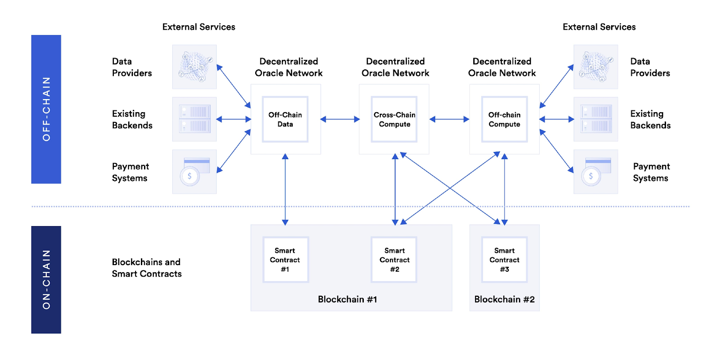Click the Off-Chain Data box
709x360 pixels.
click(x=285, y=119)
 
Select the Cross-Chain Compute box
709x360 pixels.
click(x=394, y=119)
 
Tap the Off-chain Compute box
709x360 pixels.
click(x=504, y=119)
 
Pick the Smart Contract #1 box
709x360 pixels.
click(x=285, y=259)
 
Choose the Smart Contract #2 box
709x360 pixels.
click(x=394, y=259)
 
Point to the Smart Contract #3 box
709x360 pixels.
click(x=504, y=259)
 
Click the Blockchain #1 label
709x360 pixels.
click(x=347, y=299)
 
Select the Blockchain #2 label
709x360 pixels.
click(x=504, y=299)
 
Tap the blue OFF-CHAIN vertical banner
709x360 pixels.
click(x=46, y=109)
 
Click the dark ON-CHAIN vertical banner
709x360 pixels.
click(x=46, y=279)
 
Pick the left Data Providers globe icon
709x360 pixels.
click(x=194, y=67)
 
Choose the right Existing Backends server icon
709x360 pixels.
click(x=596, y=119)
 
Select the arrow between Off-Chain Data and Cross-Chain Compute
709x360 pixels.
click(x=340, y=119)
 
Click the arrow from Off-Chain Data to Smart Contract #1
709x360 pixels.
click(x=285, y=189)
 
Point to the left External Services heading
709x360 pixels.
click(x=199, y=27)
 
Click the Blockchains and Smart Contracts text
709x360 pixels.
click(x=147, y=268)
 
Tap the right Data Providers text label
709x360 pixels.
click(x=650, y=67)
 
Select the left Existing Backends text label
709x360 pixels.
click(x=132, y=119)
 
